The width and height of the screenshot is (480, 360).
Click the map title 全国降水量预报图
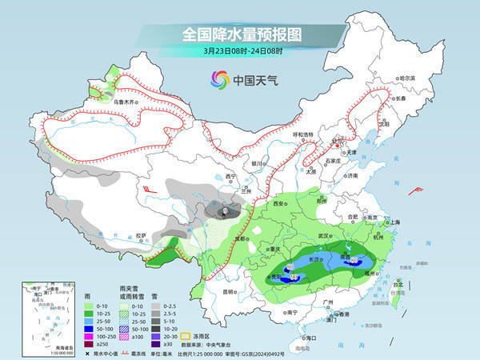pyautogui.click(x=239, y=34)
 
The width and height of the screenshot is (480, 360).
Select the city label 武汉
pyautogui.click(x=324, y=236)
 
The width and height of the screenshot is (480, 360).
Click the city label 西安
pyautogui.click(x=277, y=205)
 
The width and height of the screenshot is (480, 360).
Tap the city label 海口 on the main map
pyautogui.click(x=306, y=338)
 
